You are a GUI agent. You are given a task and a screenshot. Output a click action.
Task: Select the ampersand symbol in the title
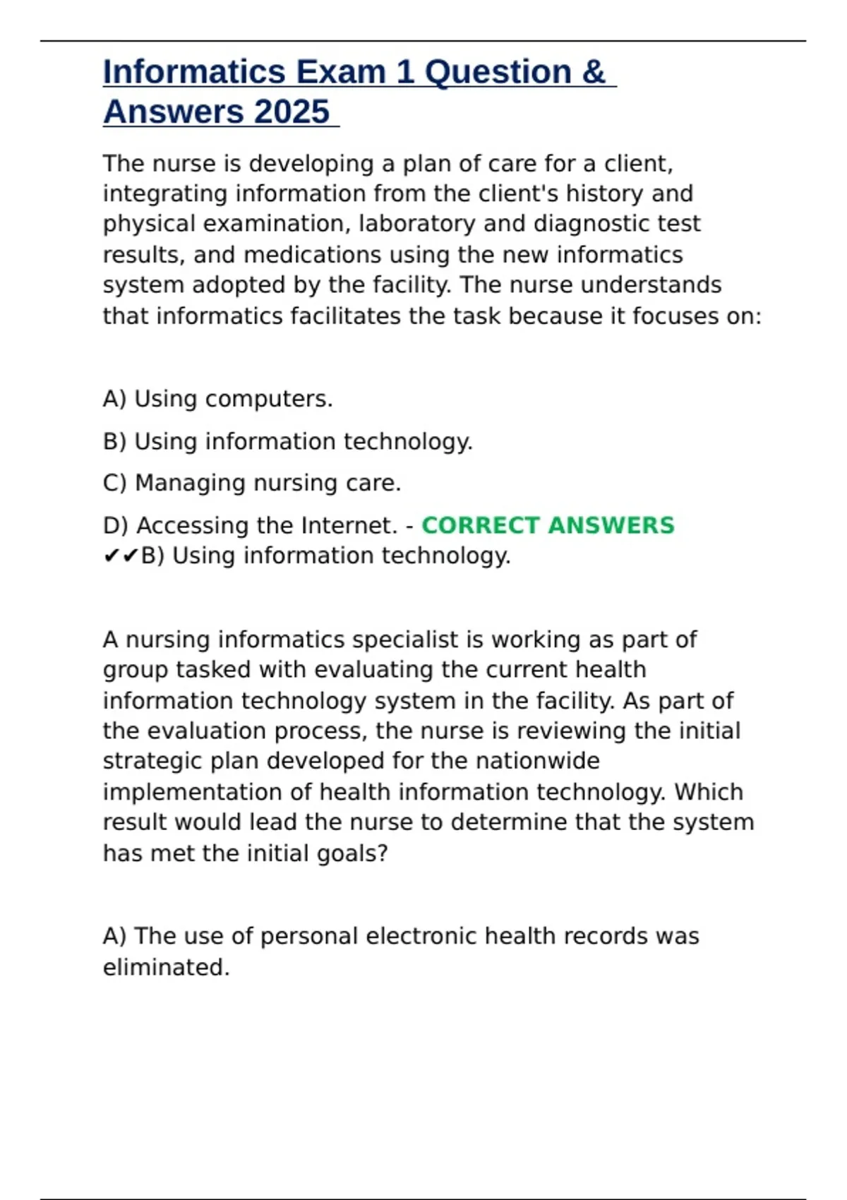pos(594,72)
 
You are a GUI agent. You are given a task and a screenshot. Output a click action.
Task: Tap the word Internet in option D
pos(349,525)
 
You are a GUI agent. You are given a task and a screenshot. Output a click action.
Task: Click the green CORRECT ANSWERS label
pos(548,525)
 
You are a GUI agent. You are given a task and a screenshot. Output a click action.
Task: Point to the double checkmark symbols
pos(121,556)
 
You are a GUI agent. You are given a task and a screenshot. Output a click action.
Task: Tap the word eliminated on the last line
pos(166,967)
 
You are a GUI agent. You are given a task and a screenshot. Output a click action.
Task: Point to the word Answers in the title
pos(174,112)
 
